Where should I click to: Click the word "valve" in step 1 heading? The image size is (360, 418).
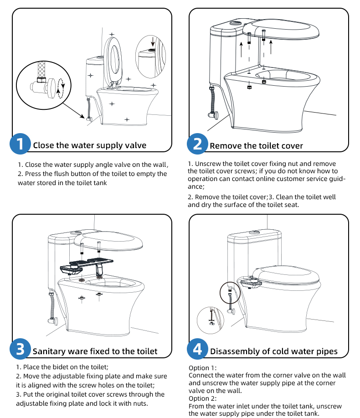(x=136, y=145)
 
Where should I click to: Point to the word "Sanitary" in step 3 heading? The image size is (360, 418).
(x=50, y=351)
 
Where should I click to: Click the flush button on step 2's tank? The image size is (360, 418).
(x=236, y=22)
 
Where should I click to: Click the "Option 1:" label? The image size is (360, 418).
(x=203, y=368)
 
